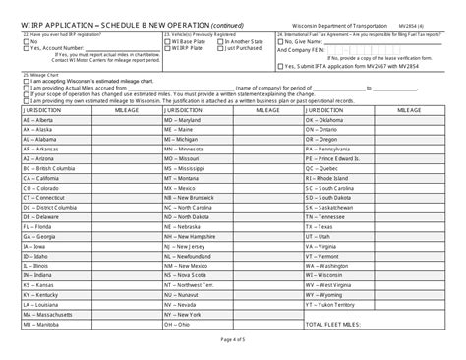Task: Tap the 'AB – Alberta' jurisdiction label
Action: tap(39, 121)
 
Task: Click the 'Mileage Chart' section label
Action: tap(40, 73)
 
